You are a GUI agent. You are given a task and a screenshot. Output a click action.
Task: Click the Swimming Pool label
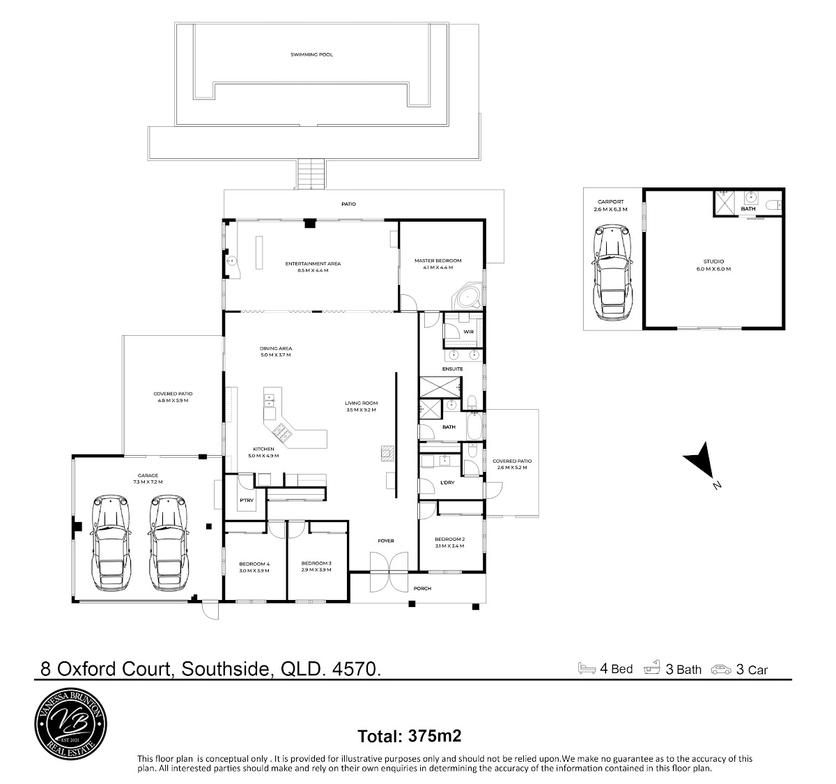[x=311, y=55]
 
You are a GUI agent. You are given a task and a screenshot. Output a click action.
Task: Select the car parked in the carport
[x=612, y=272]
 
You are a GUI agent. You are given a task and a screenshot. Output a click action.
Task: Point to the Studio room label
[x=713, y=265]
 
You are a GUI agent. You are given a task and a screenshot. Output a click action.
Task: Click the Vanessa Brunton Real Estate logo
[x=70, y=724]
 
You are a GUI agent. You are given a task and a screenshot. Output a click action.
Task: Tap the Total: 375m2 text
[x=409, y=736]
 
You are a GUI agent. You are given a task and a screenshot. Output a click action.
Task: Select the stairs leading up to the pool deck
[x=311, y=174]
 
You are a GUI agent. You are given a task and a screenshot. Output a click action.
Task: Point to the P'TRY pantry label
[x=247, y=500]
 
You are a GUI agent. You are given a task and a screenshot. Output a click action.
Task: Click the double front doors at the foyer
[x=389, y=571]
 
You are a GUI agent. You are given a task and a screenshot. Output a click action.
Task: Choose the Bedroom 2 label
[x=449, y=543]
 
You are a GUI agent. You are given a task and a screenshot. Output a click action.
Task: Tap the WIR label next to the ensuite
[x=469, y=332]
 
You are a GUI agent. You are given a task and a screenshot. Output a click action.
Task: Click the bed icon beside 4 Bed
[x=587, y=668]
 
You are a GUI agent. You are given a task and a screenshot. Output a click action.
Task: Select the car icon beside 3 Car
[x=721, y=670]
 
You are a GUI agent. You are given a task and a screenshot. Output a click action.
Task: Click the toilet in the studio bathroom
[x=774, y=205]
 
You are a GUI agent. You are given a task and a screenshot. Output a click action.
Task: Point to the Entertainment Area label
[x=313, y=267]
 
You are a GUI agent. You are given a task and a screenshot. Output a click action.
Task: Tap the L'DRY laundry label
[x=447, y=482]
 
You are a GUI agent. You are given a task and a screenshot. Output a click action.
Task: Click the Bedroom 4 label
[x=254, y=567]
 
